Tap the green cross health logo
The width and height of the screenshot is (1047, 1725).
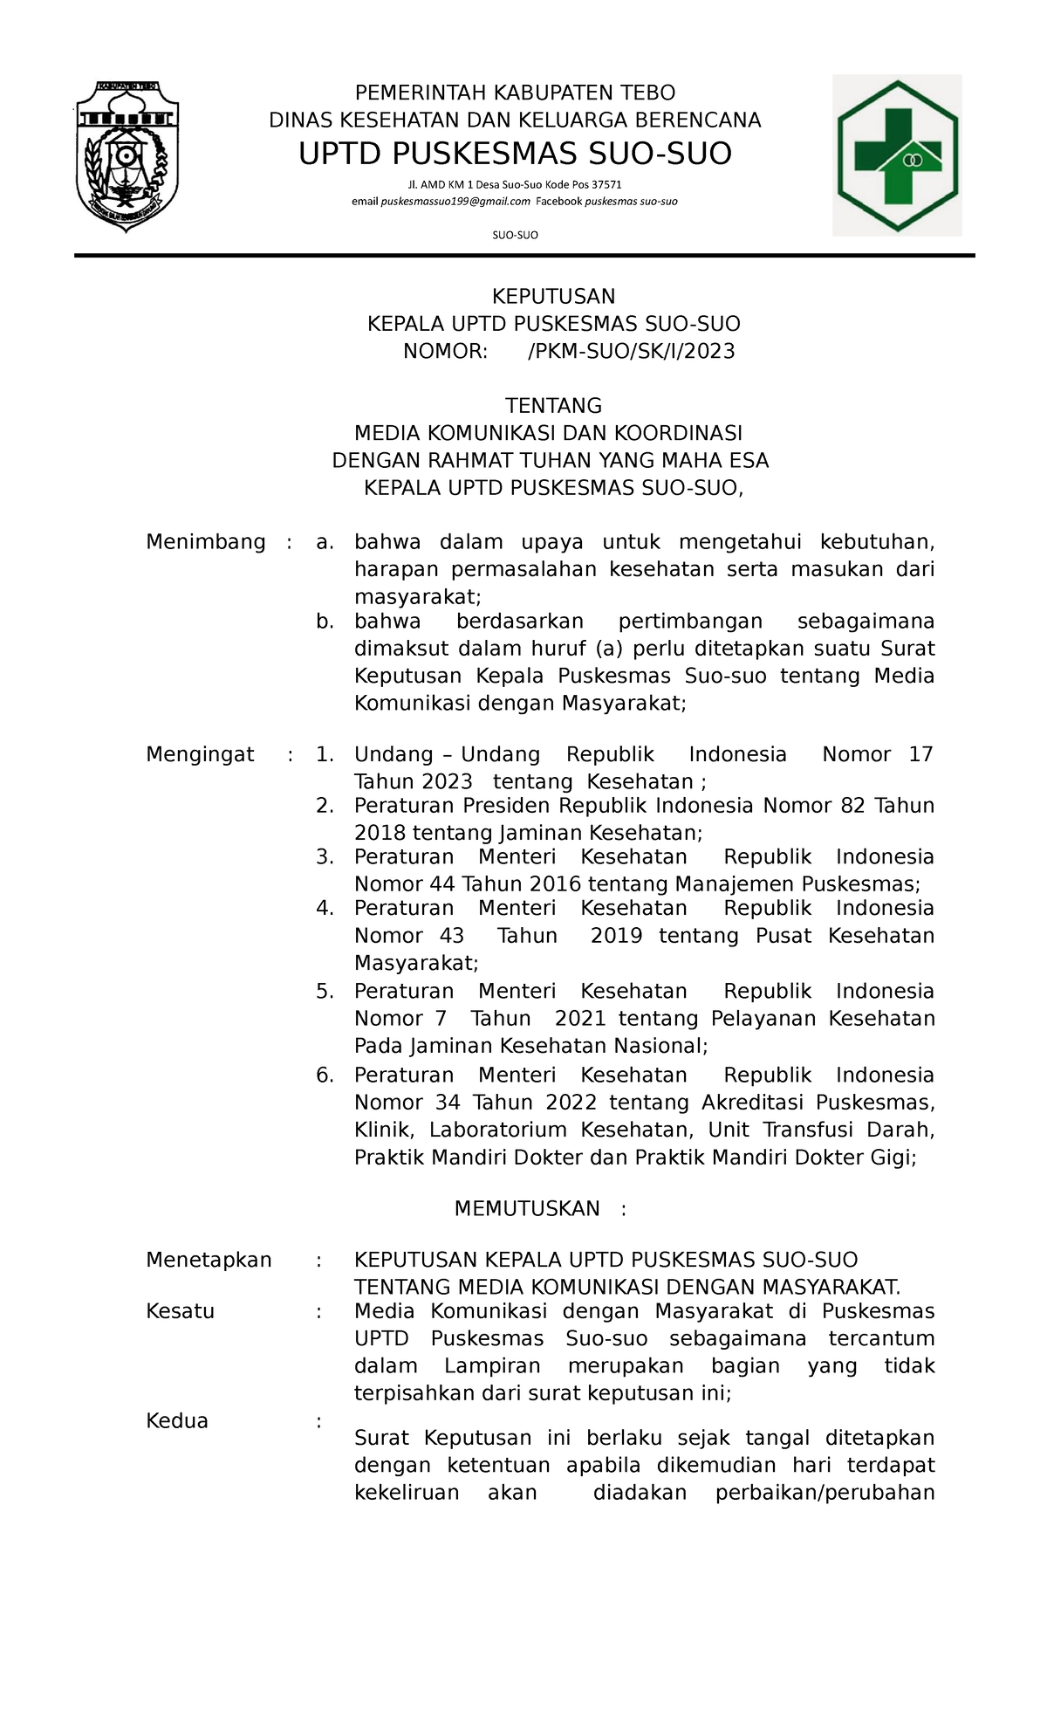pyautogui.click(x=898, y=155)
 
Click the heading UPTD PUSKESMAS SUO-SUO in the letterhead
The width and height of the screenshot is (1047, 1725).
pyautogui.click(x=515, y=155)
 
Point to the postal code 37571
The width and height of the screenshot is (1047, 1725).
pyautogui.click(x=606, y=184)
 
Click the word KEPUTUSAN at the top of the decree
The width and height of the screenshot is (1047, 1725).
pyautogui.click(x=554, y=297)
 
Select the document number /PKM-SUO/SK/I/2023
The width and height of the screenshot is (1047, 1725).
pyautogui.click(x=632, y=352)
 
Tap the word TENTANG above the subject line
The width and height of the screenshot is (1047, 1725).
pyautogui.click(x=554, y=406)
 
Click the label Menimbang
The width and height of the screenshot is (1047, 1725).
pyautogui.click(x=206, y=542)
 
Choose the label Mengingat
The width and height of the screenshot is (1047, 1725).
pyautogui.click(x=200, y=754)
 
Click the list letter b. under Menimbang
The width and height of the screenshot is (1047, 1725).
pyautogui.click(x=325, y=622)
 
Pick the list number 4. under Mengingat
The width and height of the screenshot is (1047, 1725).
pyautogui.click(x=325, y=908)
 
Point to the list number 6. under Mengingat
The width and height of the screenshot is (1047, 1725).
pyautogui.click(x=325, y=1075)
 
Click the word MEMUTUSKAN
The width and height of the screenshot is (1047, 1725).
pyautogui.click(x=527, y=1208)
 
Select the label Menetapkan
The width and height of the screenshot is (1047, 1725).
pyautogui.click(x=209, y=1260)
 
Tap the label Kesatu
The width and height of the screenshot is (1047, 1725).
pyautogui.click(x=181, y=1311)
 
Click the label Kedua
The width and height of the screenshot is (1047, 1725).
pyautogui.click(x=177, y=1421)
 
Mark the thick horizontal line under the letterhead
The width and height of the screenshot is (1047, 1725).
pyautogui.click(x=523, y=256)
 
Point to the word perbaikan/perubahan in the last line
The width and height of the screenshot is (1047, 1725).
pyautogui.click(x=825, y=1493)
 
